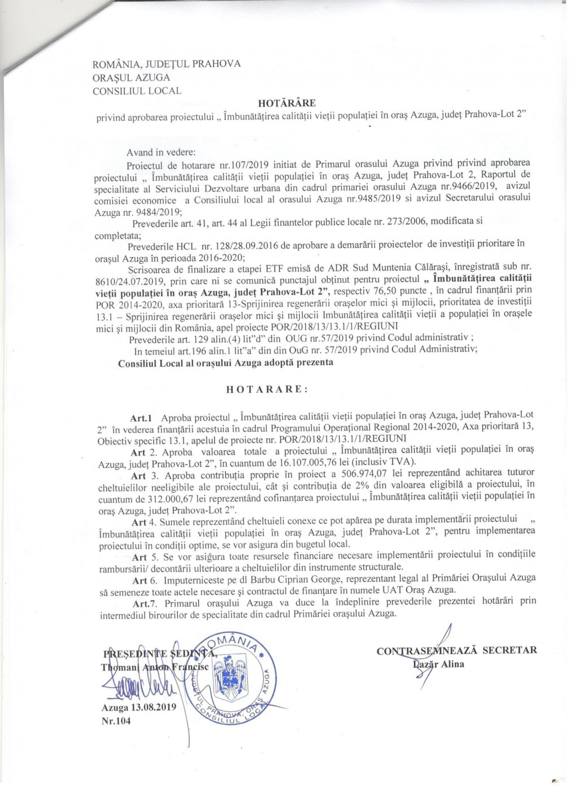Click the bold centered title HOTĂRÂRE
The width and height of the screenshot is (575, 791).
[287, 103]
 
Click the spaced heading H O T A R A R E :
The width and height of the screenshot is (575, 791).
[267, 389]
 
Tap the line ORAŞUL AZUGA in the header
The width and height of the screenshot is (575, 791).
[131, 77]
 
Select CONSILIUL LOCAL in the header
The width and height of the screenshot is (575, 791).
[137, 90]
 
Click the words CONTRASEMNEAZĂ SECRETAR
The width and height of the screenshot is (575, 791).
[456, 650]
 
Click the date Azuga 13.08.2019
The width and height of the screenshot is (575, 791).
[139, 707]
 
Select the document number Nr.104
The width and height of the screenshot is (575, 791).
[116, 720]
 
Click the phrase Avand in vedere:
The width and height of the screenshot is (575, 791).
[161, 153]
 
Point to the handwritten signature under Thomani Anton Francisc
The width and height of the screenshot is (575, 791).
[136, 686]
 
